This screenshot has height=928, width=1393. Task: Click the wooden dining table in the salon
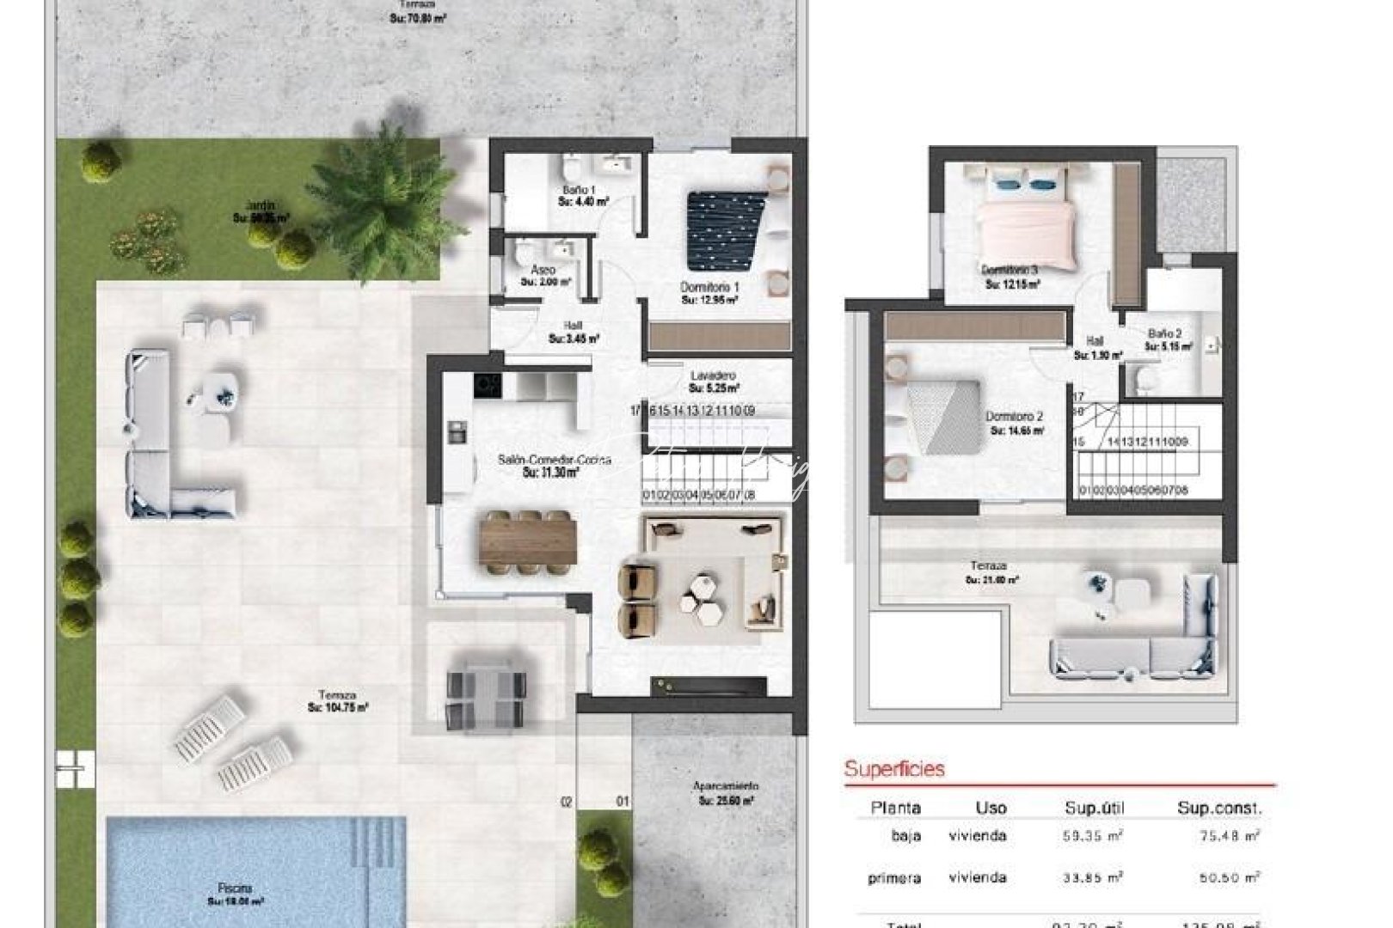tap(528, 542)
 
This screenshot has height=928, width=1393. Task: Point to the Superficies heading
tap(894, 768)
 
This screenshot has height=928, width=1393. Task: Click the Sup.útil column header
tap(1094, 808)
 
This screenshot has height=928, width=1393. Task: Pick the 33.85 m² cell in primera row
tap(1092, 877)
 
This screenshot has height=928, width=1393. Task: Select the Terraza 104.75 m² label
tap(337, 701)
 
